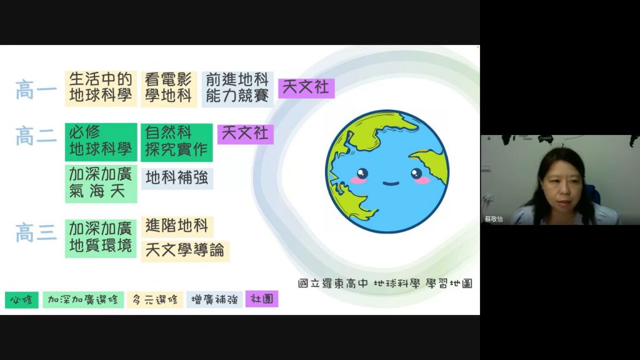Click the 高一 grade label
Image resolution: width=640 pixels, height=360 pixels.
[36, 90]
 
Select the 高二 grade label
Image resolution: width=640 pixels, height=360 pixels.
[36, 136]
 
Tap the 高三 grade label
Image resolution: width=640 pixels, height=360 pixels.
[36, 232]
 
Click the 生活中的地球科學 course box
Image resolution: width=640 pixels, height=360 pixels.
[101, 88]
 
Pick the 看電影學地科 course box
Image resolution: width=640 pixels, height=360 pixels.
[169, 89]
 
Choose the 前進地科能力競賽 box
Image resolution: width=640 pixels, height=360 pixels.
[237, 89]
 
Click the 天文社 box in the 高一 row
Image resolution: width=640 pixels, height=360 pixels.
[306, 88]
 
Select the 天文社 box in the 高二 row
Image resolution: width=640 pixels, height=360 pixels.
[245, 134]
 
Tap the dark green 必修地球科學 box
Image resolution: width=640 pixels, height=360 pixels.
[101, 142]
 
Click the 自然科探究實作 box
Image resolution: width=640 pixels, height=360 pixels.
[177, 142]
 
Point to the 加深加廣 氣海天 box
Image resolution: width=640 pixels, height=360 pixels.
[101, 183]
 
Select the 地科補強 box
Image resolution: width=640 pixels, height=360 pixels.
[177, 178]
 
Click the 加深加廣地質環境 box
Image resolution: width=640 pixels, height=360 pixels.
[101, 238]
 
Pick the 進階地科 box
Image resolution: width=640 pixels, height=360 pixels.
[177, 226]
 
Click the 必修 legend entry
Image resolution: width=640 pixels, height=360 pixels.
[22, 300]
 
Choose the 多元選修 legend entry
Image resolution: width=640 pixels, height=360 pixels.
[155, 300]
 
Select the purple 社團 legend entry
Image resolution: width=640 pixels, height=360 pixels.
[262, 299]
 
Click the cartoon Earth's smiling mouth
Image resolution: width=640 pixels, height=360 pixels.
[391, 183]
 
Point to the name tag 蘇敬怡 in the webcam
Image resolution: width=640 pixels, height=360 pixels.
[494, 219]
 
